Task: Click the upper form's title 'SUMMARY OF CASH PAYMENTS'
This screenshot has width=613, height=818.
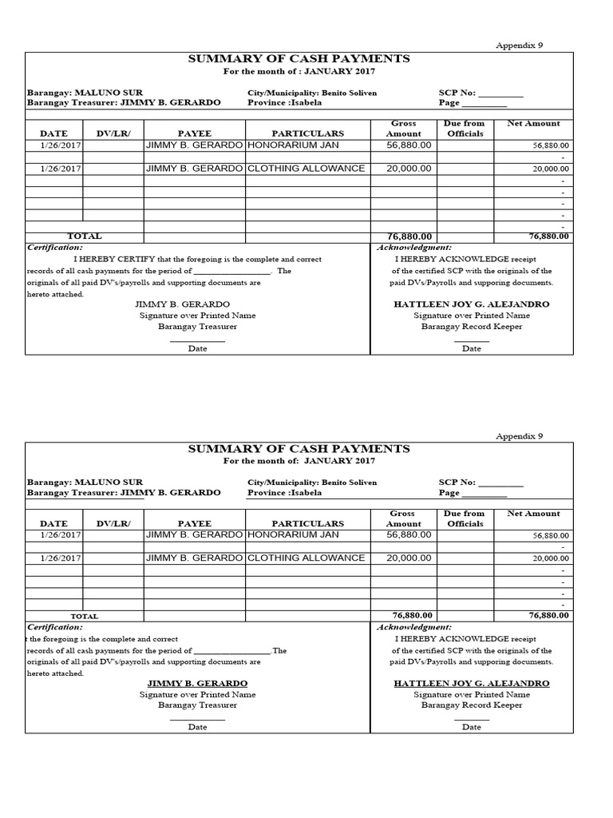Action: tap(299, 59)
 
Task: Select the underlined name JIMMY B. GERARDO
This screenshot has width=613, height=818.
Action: tap(197, 684)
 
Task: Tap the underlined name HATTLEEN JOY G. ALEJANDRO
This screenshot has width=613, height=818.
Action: tap(471, 684)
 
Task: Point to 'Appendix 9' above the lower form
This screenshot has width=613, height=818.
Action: tap(519, 436)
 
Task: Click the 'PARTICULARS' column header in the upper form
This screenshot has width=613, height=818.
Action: tap(307, 133)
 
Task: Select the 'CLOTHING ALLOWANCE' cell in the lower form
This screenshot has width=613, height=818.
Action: tap(306, 558)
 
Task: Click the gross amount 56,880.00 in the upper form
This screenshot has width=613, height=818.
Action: tap(409, 145)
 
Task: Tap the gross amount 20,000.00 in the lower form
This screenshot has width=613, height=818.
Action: tap(409, 558)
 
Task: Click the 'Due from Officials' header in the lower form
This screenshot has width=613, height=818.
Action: tap(464, 518)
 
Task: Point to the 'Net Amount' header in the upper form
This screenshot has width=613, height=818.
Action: tap(533, 124)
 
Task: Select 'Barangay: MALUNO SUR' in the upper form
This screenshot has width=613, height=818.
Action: tap(73, 93)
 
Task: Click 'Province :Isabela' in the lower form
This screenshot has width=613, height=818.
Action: tap(285, 493)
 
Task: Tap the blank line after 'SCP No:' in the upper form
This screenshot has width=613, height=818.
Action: tap(500, 93)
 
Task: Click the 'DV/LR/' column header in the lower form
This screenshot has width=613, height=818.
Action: tap(113, 523)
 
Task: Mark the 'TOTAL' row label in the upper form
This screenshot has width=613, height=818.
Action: tap(85, 236)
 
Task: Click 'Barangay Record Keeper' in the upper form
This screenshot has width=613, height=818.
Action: tap(471, 327)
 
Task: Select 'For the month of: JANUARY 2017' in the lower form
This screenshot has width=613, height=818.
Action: tap(299, 461)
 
